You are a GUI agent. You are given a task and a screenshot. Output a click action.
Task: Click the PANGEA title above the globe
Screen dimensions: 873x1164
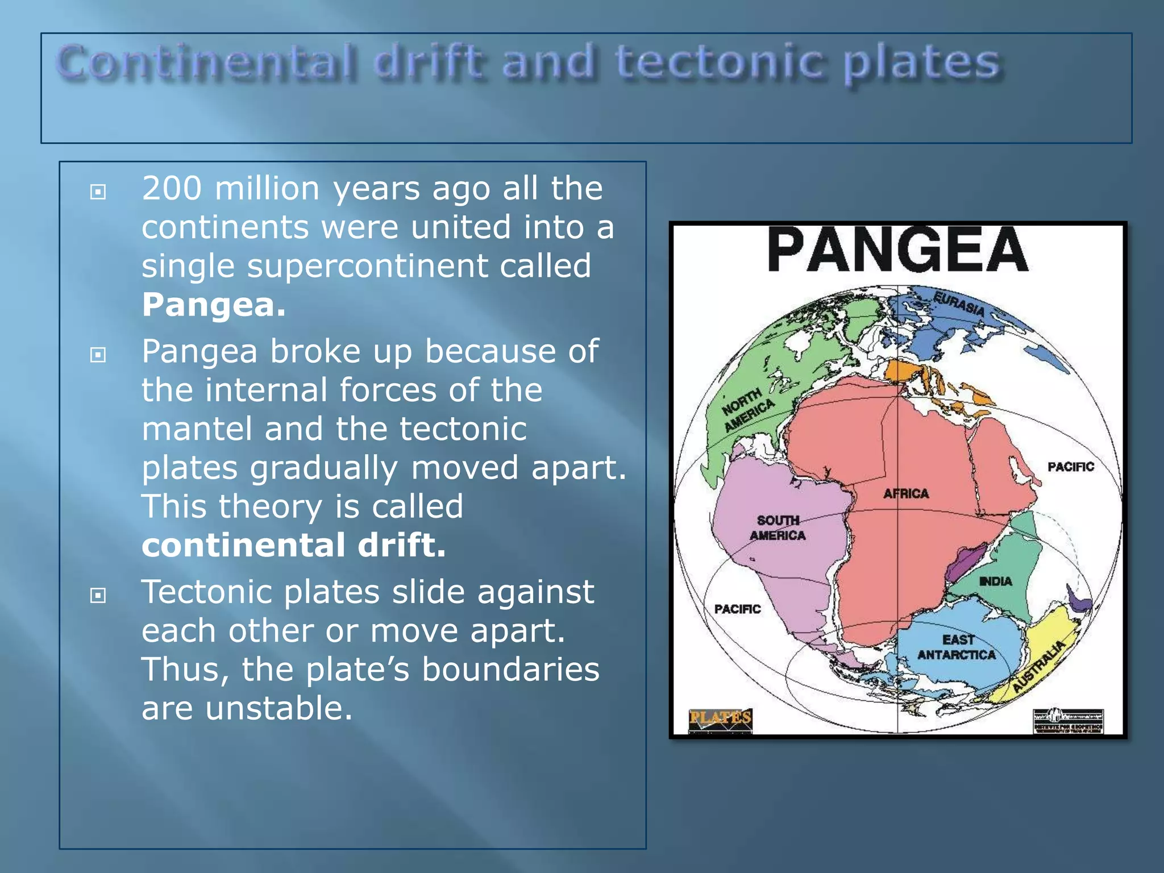point(897,250)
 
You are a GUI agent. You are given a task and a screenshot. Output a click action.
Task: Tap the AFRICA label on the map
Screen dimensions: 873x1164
point(906,494)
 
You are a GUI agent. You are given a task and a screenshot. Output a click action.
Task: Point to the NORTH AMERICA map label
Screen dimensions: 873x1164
point(748,410)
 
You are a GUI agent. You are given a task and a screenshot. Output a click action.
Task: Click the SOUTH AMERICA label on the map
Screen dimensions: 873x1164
point(778,528)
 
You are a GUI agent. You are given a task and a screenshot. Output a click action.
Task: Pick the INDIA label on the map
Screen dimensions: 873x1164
point(995,581)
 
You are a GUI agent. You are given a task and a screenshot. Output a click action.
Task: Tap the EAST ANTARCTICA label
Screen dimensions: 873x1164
point(957,647)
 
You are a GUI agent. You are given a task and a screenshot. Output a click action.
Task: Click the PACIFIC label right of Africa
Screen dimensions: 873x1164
point(1071,467)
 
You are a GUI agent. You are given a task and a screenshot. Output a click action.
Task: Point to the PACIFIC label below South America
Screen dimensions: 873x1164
point(737,609)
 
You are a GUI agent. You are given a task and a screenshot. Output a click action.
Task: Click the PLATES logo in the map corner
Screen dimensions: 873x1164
point(720,718)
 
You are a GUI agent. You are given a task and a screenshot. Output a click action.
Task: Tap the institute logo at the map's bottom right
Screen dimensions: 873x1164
point(1068,721)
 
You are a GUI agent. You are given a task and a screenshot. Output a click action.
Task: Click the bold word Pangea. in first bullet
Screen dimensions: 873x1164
point(214,305)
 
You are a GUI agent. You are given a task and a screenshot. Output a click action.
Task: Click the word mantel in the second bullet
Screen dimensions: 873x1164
point(197,429)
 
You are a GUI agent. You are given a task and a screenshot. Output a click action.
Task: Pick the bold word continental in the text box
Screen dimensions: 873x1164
point(243,545)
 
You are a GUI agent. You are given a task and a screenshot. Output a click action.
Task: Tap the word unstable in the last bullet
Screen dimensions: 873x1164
point(278,709)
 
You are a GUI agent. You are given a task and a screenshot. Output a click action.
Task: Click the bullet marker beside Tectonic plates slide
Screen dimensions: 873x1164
point(98,596)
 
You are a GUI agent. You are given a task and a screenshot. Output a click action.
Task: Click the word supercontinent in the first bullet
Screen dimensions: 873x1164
point(367,266)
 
